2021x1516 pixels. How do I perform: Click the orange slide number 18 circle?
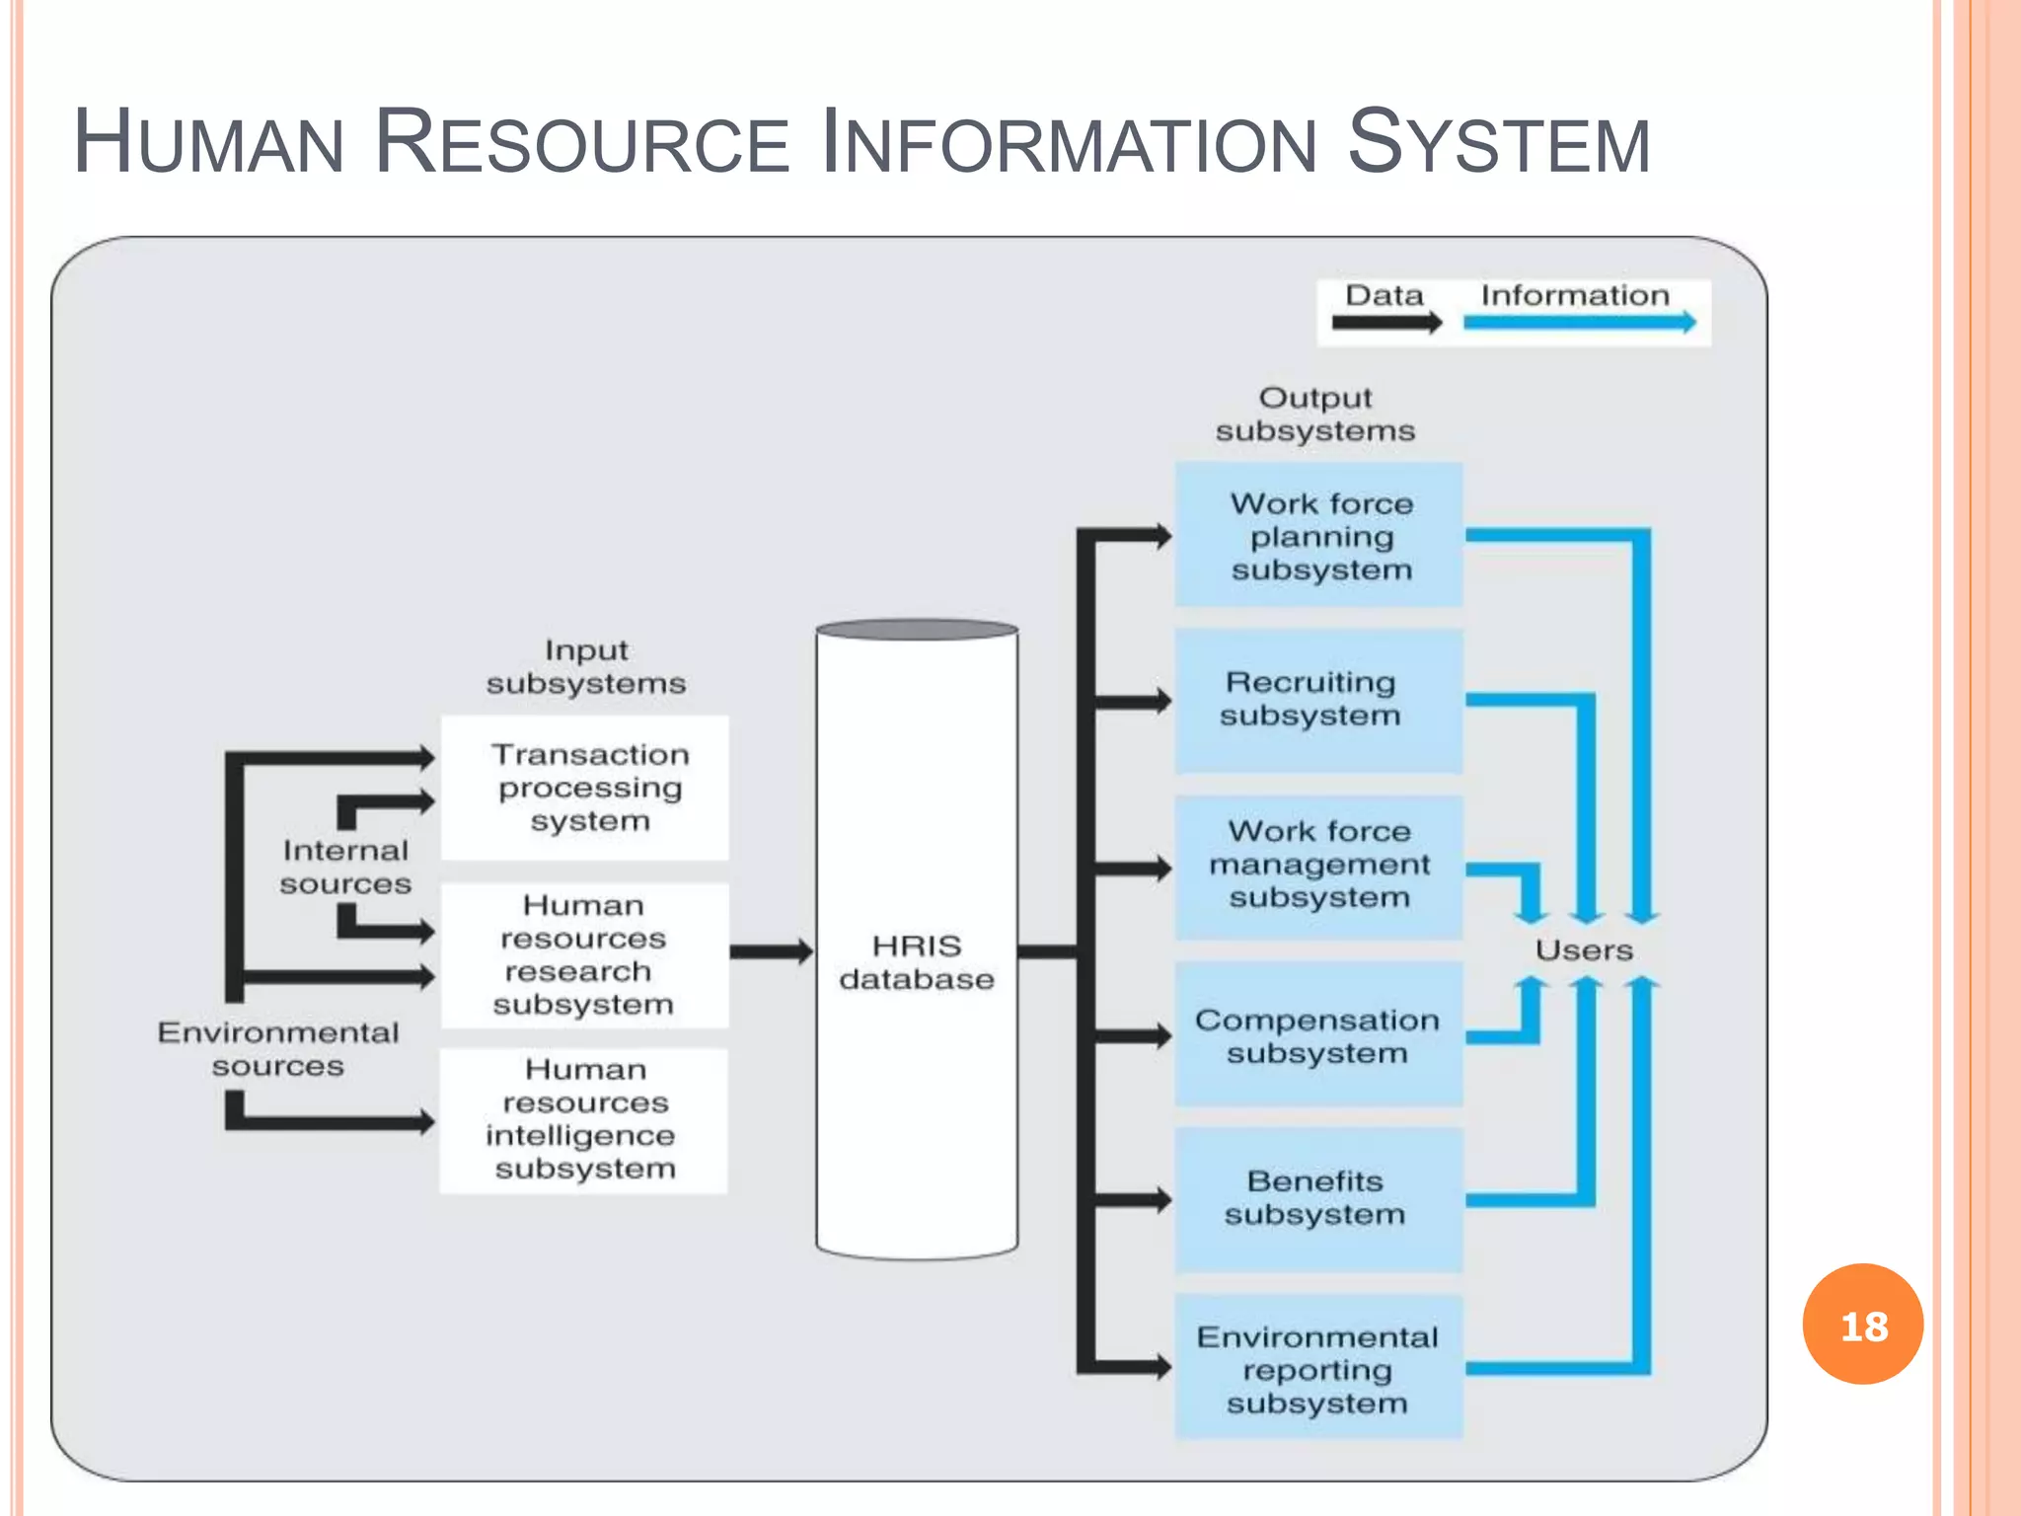tap(1862, 1325)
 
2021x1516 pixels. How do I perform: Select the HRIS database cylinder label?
tap(917, 962)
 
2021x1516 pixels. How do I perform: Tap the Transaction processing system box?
tap(585, 788)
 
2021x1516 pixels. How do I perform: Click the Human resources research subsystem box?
tap(585, 954)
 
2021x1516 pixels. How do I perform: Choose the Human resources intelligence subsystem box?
tap(584, 1120)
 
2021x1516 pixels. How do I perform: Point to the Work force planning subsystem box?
tap(1319, 536)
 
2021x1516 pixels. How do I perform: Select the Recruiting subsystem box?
tap(1319, 700)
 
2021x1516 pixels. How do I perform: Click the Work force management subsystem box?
tap(1319, 866)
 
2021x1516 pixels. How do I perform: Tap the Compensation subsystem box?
tap(1319, 1035)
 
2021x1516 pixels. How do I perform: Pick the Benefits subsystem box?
tap(1319, 1198)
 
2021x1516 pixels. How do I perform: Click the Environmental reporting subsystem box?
tap(1319, 1369)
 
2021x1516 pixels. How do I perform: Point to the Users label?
tap(1584, 950)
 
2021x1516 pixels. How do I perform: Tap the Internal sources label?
tap(345, 868)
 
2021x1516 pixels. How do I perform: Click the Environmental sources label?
tap(278, 1049)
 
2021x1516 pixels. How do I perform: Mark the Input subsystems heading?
tap(586, 667)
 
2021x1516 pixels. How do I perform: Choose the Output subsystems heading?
tap(1315, 415)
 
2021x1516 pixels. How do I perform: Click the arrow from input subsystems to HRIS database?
tap(771, 951)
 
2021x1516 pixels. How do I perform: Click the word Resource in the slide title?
tap(582, 143)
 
